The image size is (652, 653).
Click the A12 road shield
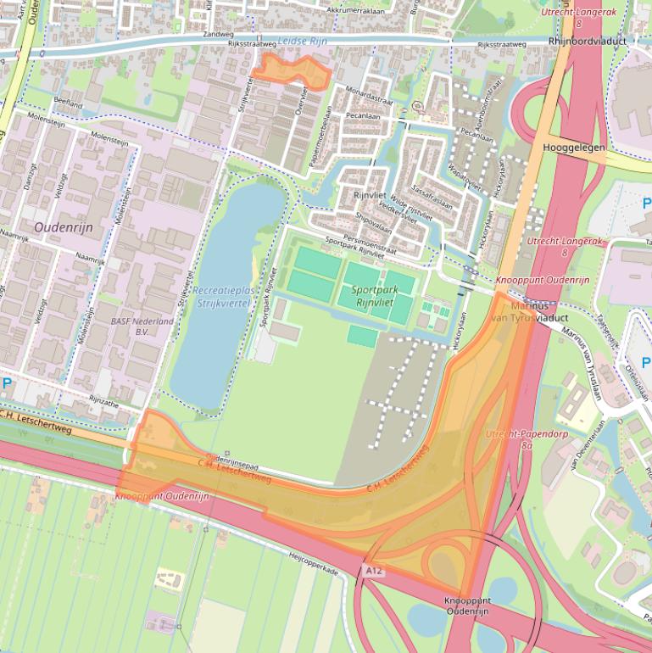coord(374,572)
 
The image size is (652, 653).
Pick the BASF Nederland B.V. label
coord(142,327)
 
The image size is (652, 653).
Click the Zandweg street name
coord(217,36)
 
